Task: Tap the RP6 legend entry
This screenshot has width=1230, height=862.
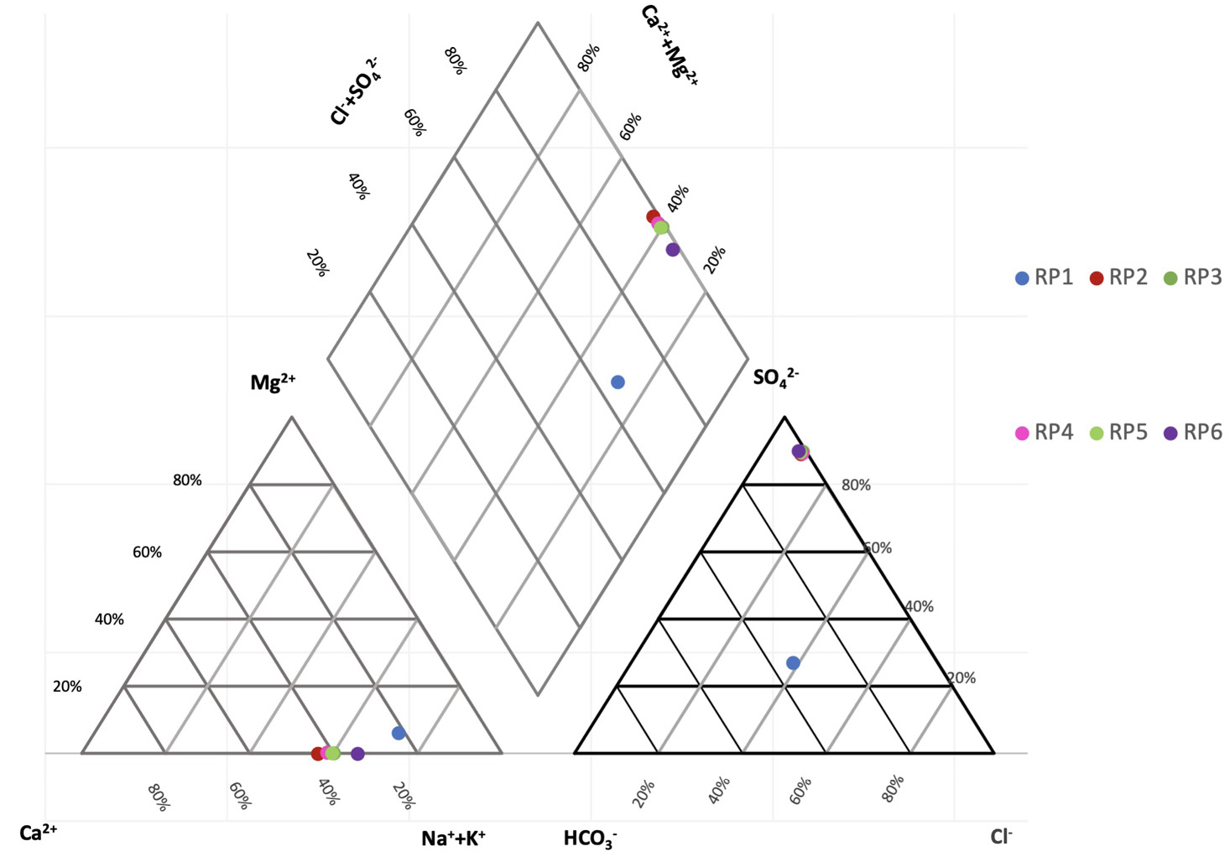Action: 1192,433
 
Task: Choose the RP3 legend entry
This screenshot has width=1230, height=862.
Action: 1192,278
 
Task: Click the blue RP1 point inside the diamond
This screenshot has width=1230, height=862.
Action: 618,382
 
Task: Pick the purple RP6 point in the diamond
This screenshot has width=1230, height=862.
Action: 672,249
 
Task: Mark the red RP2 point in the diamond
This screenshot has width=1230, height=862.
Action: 653,217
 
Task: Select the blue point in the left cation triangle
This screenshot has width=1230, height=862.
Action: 399,733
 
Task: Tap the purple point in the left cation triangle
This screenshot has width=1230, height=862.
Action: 357,754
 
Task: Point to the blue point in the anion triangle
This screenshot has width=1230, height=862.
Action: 793,663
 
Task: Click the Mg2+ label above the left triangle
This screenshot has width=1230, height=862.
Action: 273,383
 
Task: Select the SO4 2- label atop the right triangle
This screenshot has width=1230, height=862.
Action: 775,376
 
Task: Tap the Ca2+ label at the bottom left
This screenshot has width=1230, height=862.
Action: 39,833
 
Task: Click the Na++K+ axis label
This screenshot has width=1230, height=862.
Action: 453,838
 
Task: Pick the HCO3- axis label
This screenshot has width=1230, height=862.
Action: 591,839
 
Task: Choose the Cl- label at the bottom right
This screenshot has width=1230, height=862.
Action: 1001,836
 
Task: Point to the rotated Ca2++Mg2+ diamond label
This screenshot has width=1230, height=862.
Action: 670,45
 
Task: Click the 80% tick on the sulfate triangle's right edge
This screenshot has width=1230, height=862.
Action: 856,486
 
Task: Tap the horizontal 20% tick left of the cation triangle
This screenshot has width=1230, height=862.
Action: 67,687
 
